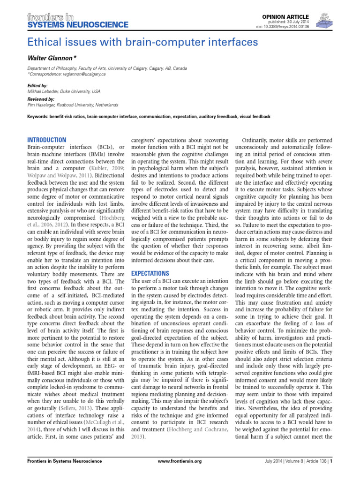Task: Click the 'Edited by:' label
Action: (x=38, y=86)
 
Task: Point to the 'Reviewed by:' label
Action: (x=41, y=99)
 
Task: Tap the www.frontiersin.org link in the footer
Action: (x=180, y=474)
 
